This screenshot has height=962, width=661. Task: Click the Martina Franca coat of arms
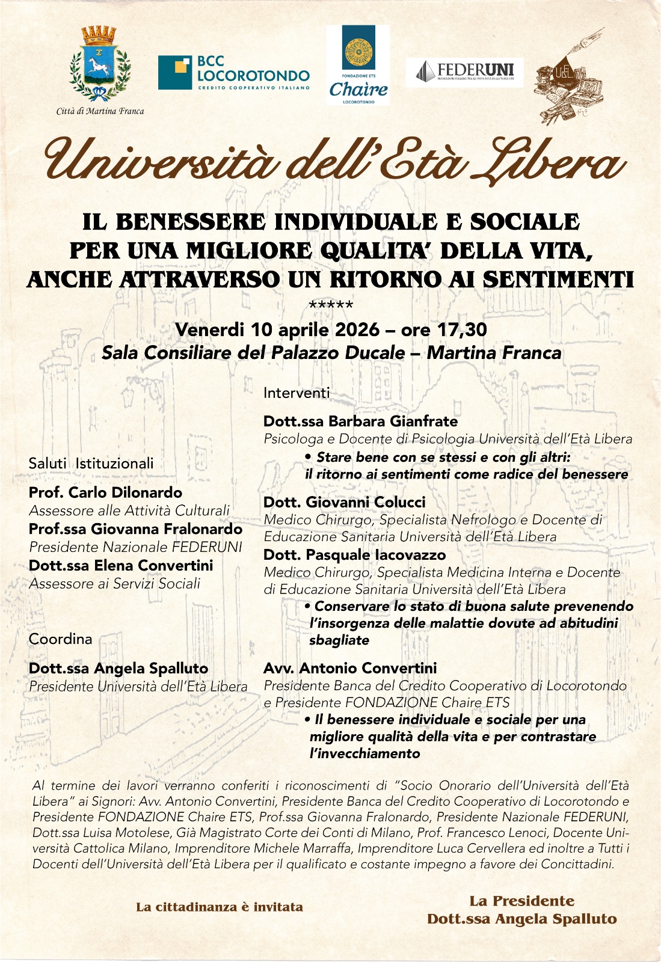(100, 64)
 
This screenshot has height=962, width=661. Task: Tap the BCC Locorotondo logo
(234, 73)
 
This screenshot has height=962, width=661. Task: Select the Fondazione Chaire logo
(358, 65)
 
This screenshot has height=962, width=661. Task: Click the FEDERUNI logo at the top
(464, 72)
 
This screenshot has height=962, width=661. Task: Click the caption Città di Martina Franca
(100, 111)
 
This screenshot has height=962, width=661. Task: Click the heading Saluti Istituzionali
(91, 463)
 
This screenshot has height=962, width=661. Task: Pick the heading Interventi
(297, 393)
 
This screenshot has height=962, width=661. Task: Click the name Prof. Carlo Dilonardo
(105, 492)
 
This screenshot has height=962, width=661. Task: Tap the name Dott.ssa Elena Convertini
(121, 565)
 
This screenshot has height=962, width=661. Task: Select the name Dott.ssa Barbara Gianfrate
(360, 421)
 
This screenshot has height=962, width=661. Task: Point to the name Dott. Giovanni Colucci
(344, 502)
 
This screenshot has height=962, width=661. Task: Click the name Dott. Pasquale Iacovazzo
(354, 555)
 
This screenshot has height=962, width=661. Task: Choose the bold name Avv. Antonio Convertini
(350, 668)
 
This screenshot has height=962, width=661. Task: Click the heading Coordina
(60, 639)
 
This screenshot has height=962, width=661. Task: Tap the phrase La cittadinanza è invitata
(220, 907)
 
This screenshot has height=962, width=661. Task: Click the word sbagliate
(339, 640)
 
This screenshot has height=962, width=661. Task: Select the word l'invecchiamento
(364, 753)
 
